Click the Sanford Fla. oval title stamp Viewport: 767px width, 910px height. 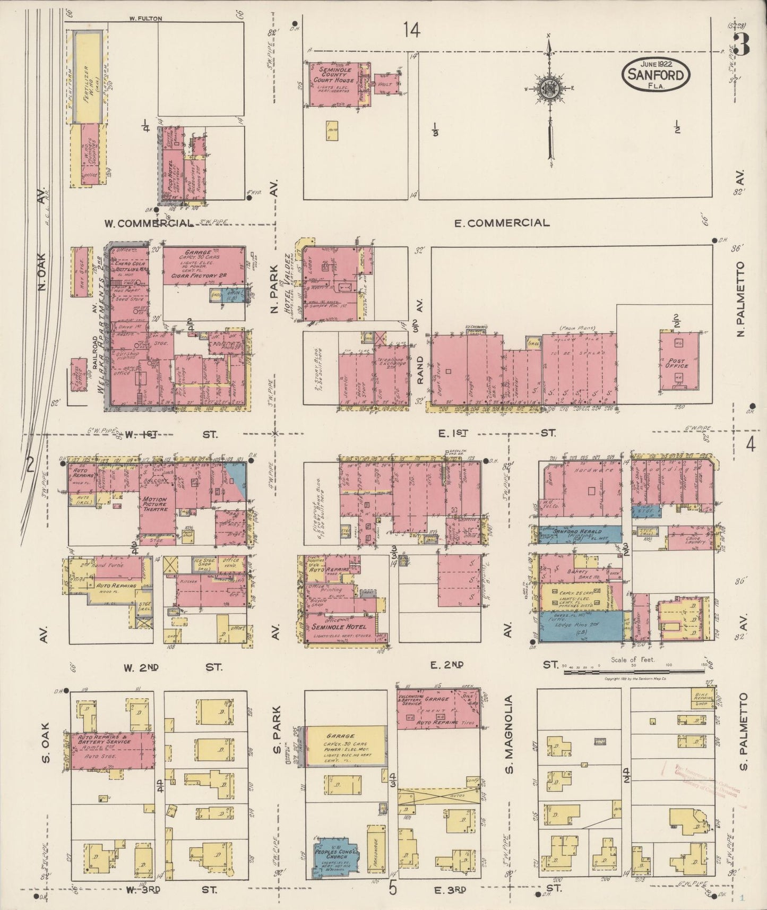coord(657,75)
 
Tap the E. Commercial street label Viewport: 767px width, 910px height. coord(502,222)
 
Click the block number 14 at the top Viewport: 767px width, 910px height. coord(412,30)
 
